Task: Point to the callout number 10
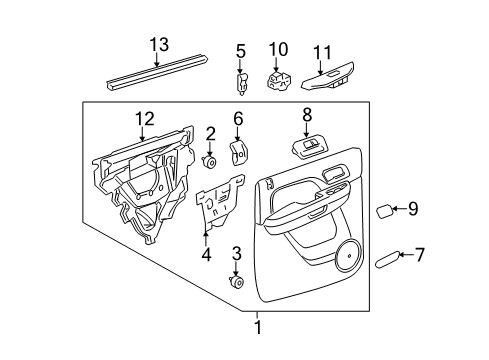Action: click(x=279, y=48)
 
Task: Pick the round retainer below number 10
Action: click(x=279, y=79)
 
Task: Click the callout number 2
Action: click(x=210, y=133)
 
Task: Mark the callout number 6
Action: click(x=238, y=118)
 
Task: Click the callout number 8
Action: click(x=307, y=114)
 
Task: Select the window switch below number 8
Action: click(x=307, y=148)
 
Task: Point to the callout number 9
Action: click(x=413, y=209)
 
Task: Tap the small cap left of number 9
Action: click(x=384, y=210)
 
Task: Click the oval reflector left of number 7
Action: click(x=385, y=261)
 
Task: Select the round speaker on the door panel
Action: click(x=350, y=255)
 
